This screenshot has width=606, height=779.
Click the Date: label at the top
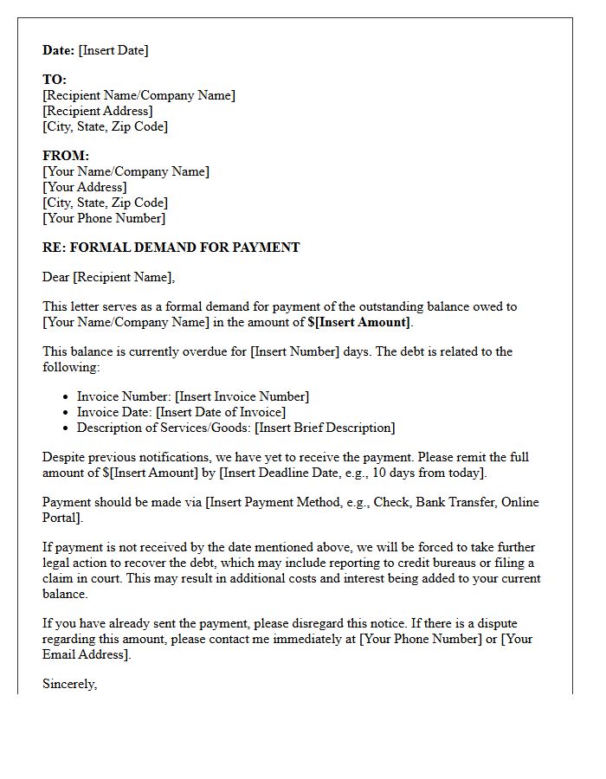[x=58, y=50]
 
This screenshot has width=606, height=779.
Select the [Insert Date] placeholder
[x=113, y=50]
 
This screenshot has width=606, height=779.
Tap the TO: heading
[x=55, y=80]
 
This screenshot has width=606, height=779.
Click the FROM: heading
[x=66, y=156]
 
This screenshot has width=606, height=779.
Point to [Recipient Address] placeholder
[x=98, y=111]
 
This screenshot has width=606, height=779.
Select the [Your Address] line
[x=85, y=187]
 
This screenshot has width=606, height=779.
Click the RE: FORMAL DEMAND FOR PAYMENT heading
[x=171, y=248]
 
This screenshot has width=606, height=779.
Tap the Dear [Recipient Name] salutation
[x=108, y=277]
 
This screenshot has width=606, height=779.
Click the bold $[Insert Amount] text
[x=358, y=322]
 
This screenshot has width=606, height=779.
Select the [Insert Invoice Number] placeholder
[x=242, y=396]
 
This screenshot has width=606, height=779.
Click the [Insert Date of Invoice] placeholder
[x=221, y=412]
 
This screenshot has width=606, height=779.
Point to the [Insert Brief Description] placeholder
[x=325, y=428]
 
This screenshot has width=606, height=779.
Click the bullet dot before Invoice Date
[x=68, y=413]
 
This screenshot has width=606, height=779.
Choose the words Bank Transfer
[x=448, y=502]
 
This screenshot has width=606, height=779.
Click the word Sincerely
[x=69, y=684]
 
